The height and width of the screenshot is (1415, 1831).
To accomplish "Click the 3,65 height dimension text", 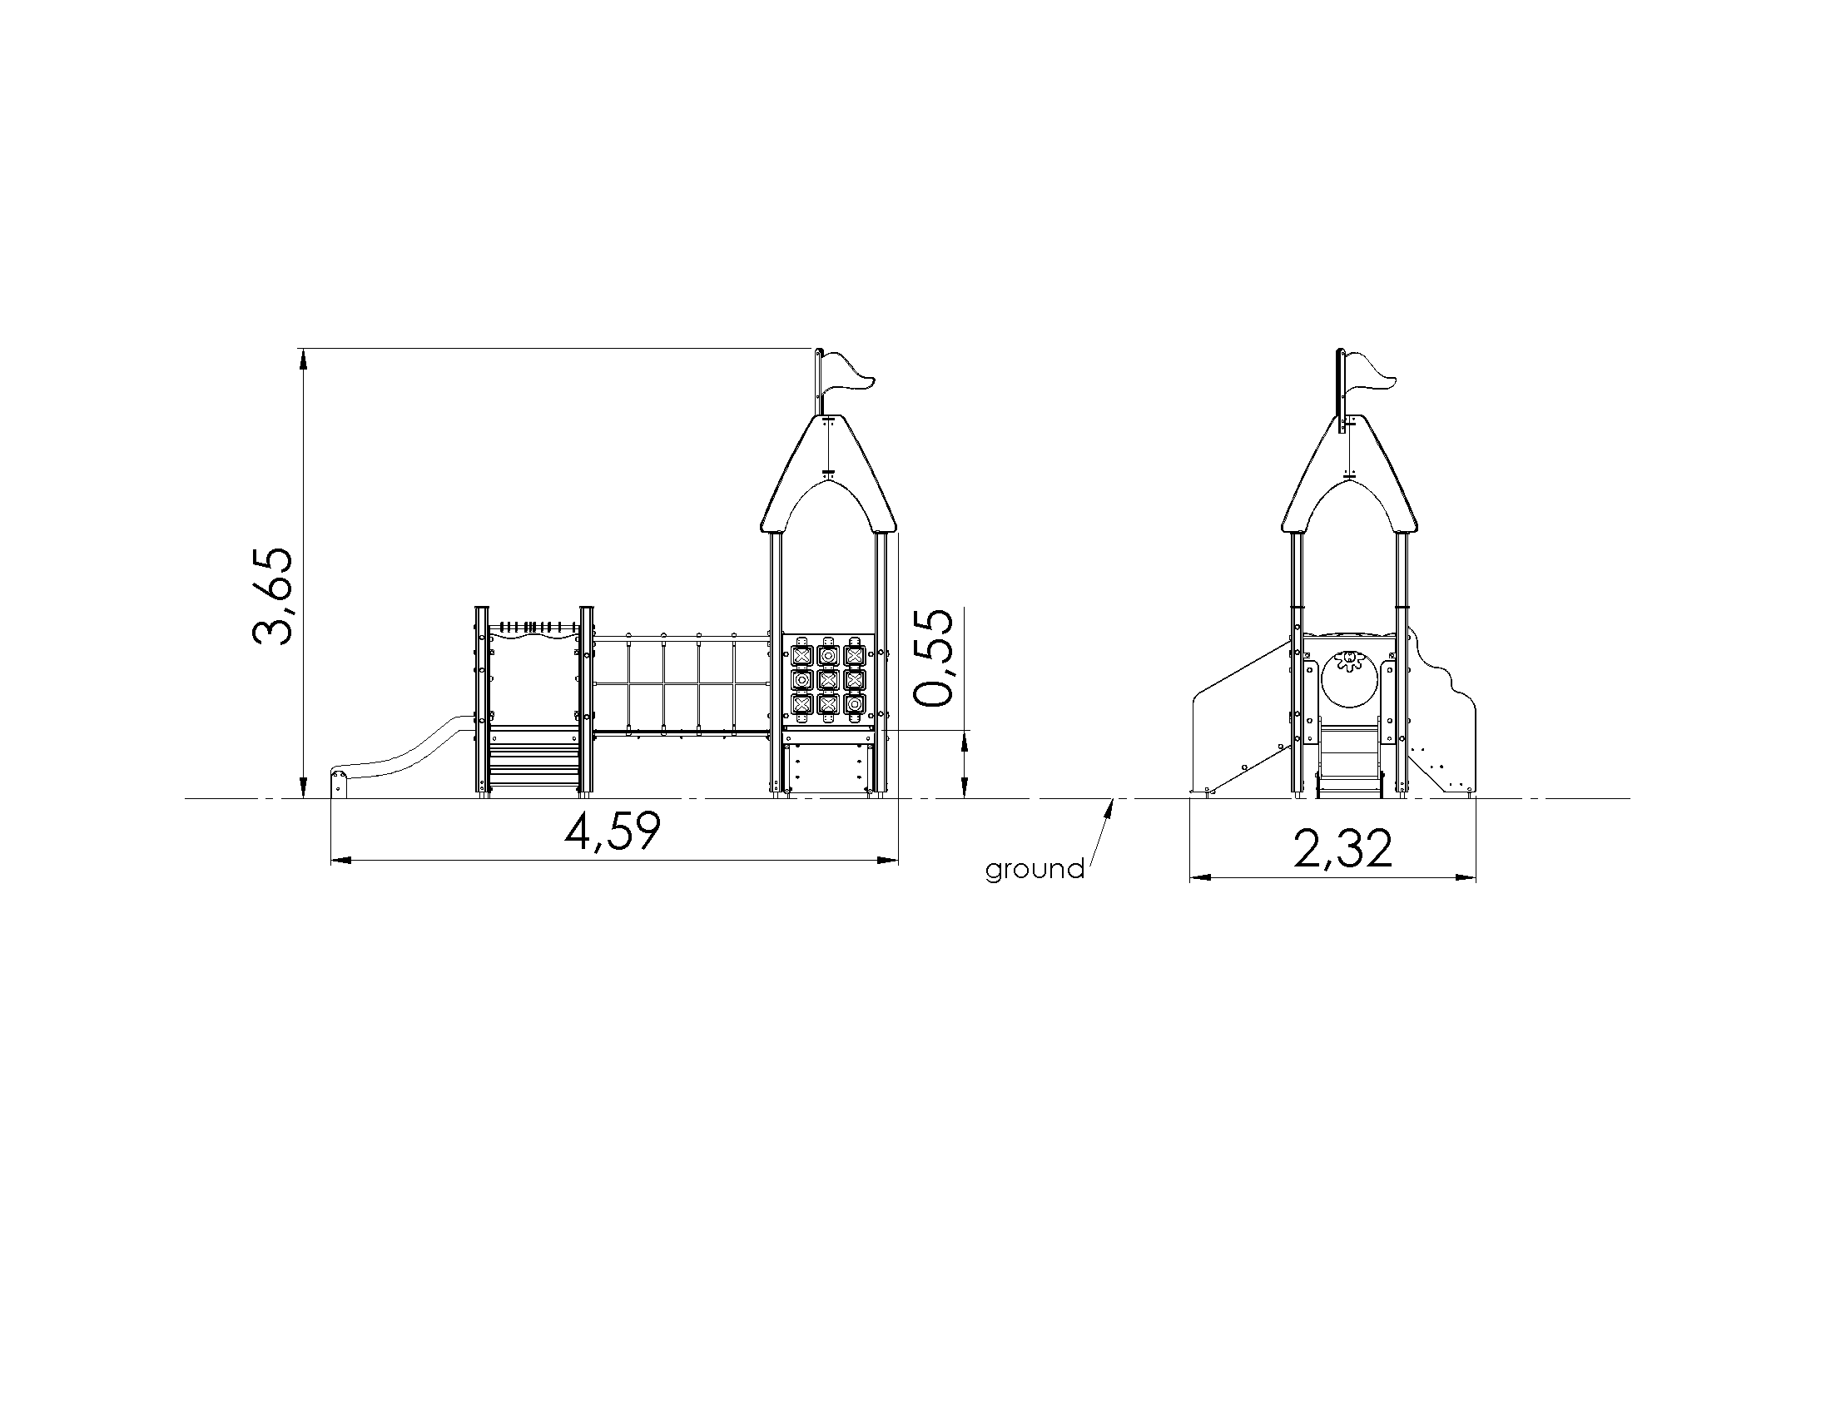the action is (273, 596).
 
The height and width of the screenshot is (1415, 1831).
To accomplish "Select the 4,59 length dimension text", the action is (613, 832).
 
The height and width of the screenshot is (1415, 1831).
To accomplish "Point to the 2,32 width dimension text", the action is (1343, 849).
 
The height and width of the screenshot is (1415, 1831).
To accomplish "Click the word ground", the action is (1035, 869).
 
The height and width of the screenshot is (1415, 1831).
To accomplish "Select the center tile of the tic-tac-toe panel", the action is (827, 678).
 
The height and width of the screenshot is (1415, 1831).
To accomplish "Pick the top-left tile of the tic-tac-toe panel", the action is (802, 654).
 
